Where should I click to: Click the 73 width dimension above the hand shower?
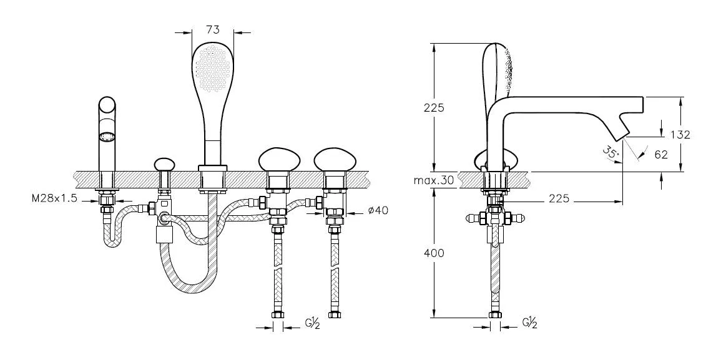point(213,29)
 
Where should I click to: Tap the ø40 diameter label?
point(378,210)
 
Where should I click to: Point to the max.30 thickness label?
point(434,181)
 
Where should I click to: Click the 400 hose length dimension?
point(434,253)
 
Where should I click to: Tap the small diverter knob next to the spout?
point(164,164)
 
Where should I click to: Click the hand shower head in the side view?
point(499,69)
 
